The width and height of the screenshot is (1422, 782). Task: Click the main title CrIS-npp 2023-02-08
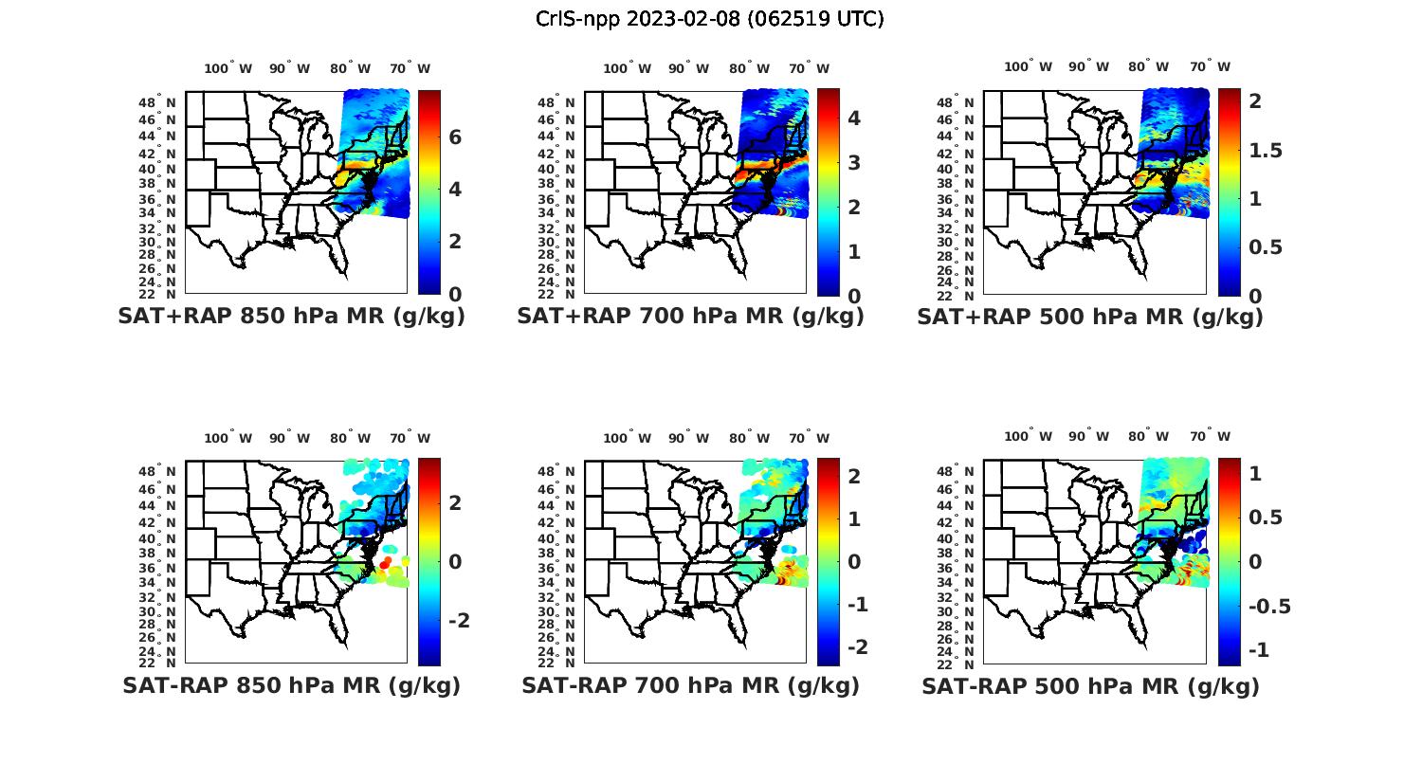pos(709,19)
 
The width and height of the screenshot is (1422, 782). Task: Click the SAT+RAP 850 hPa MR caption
pos(291,317)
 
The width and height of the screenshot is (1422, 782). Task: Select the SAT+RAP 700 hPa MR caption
pos(690,317)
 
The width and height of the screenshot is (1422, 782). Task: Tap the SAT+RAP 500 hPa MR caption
pos(1090,317)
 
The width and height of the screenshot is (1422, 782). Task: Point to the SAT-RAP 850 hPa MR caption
pos(291,685)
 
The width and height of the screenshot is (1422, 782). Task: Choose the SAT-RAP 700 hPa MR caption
pos(690,685)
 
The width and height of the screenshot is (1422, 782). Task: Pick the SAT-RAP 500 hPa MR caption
pos(1090,685)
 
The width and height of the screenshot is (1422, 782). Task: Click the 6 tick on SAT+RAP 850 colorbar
pos(455,137)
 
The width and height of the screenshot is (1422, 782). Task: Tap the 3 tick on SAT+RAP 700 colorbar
pos(854,162)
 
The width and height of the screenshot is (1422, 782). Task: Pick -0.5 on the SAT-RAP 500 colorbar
pos(1267,607)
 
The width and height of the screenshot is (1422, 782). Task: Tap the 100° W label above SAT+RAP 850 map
pos(228,68)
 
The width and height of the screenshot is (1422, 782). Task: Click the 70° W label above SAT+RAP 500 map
pos(1210,66)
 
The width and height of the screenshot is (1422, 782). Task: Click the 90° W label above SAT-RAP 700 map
pos(689,438)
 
